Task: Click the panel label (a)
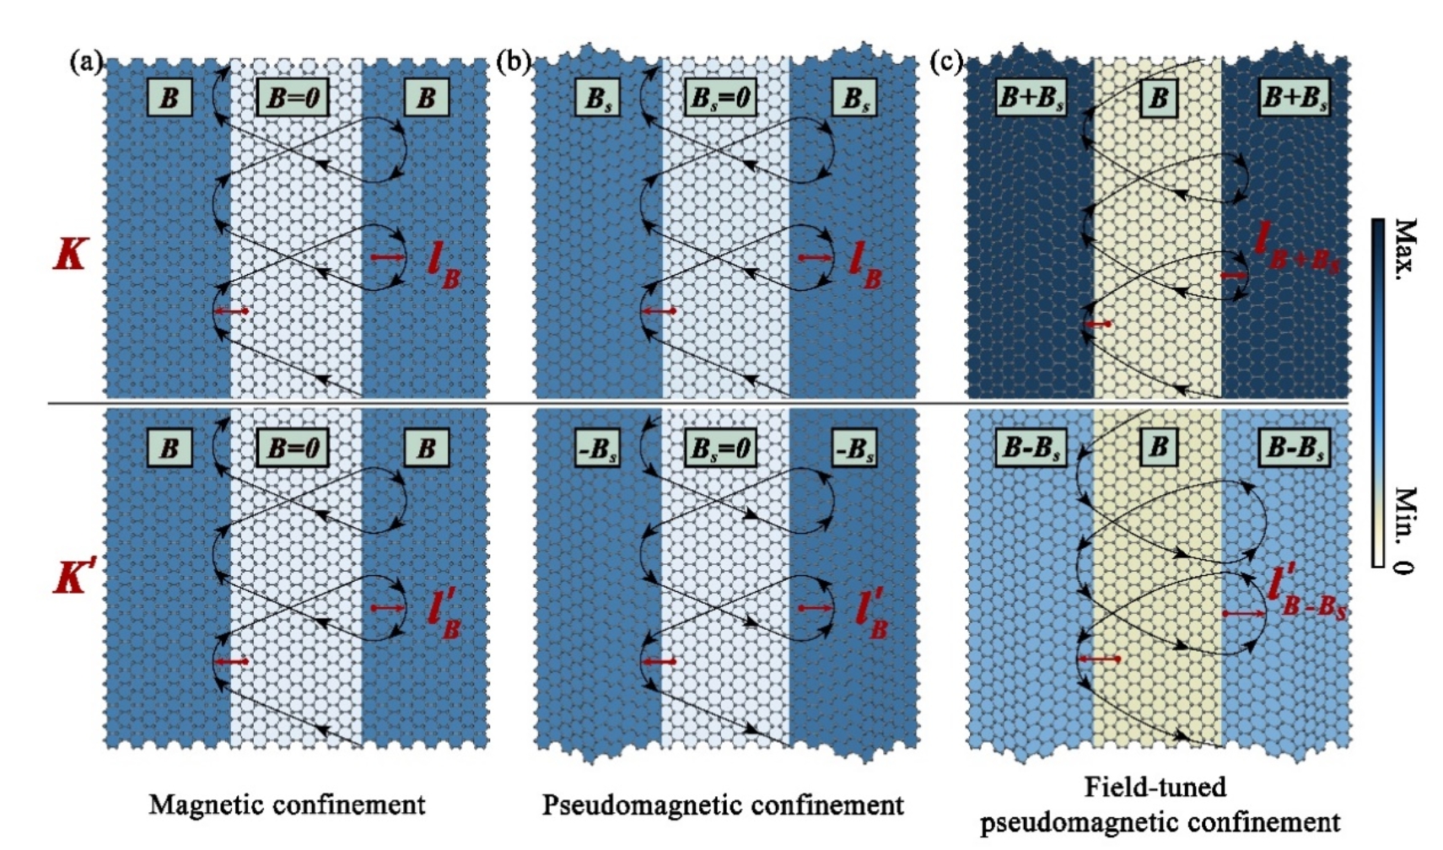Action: [x=86, y=63]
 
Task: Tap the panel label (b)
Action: [x=513, y=63]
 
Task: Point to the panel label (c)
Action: [x=946, y=63]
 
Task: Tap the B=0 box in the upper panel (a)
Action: [x=292, y=98]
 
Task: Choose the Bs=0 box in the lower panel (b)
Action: [x=719, y=448]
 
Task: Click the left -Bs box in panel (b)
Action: [x=597, y=448]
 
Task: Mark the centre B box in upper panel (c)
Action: [x=1159, y=98]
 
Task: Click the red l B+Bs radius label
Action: [x=1295, y=247]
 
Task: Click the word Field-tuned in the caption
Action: [x=1155, y=788]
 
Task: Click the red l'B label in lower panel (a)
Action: [x=444, y=614]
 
